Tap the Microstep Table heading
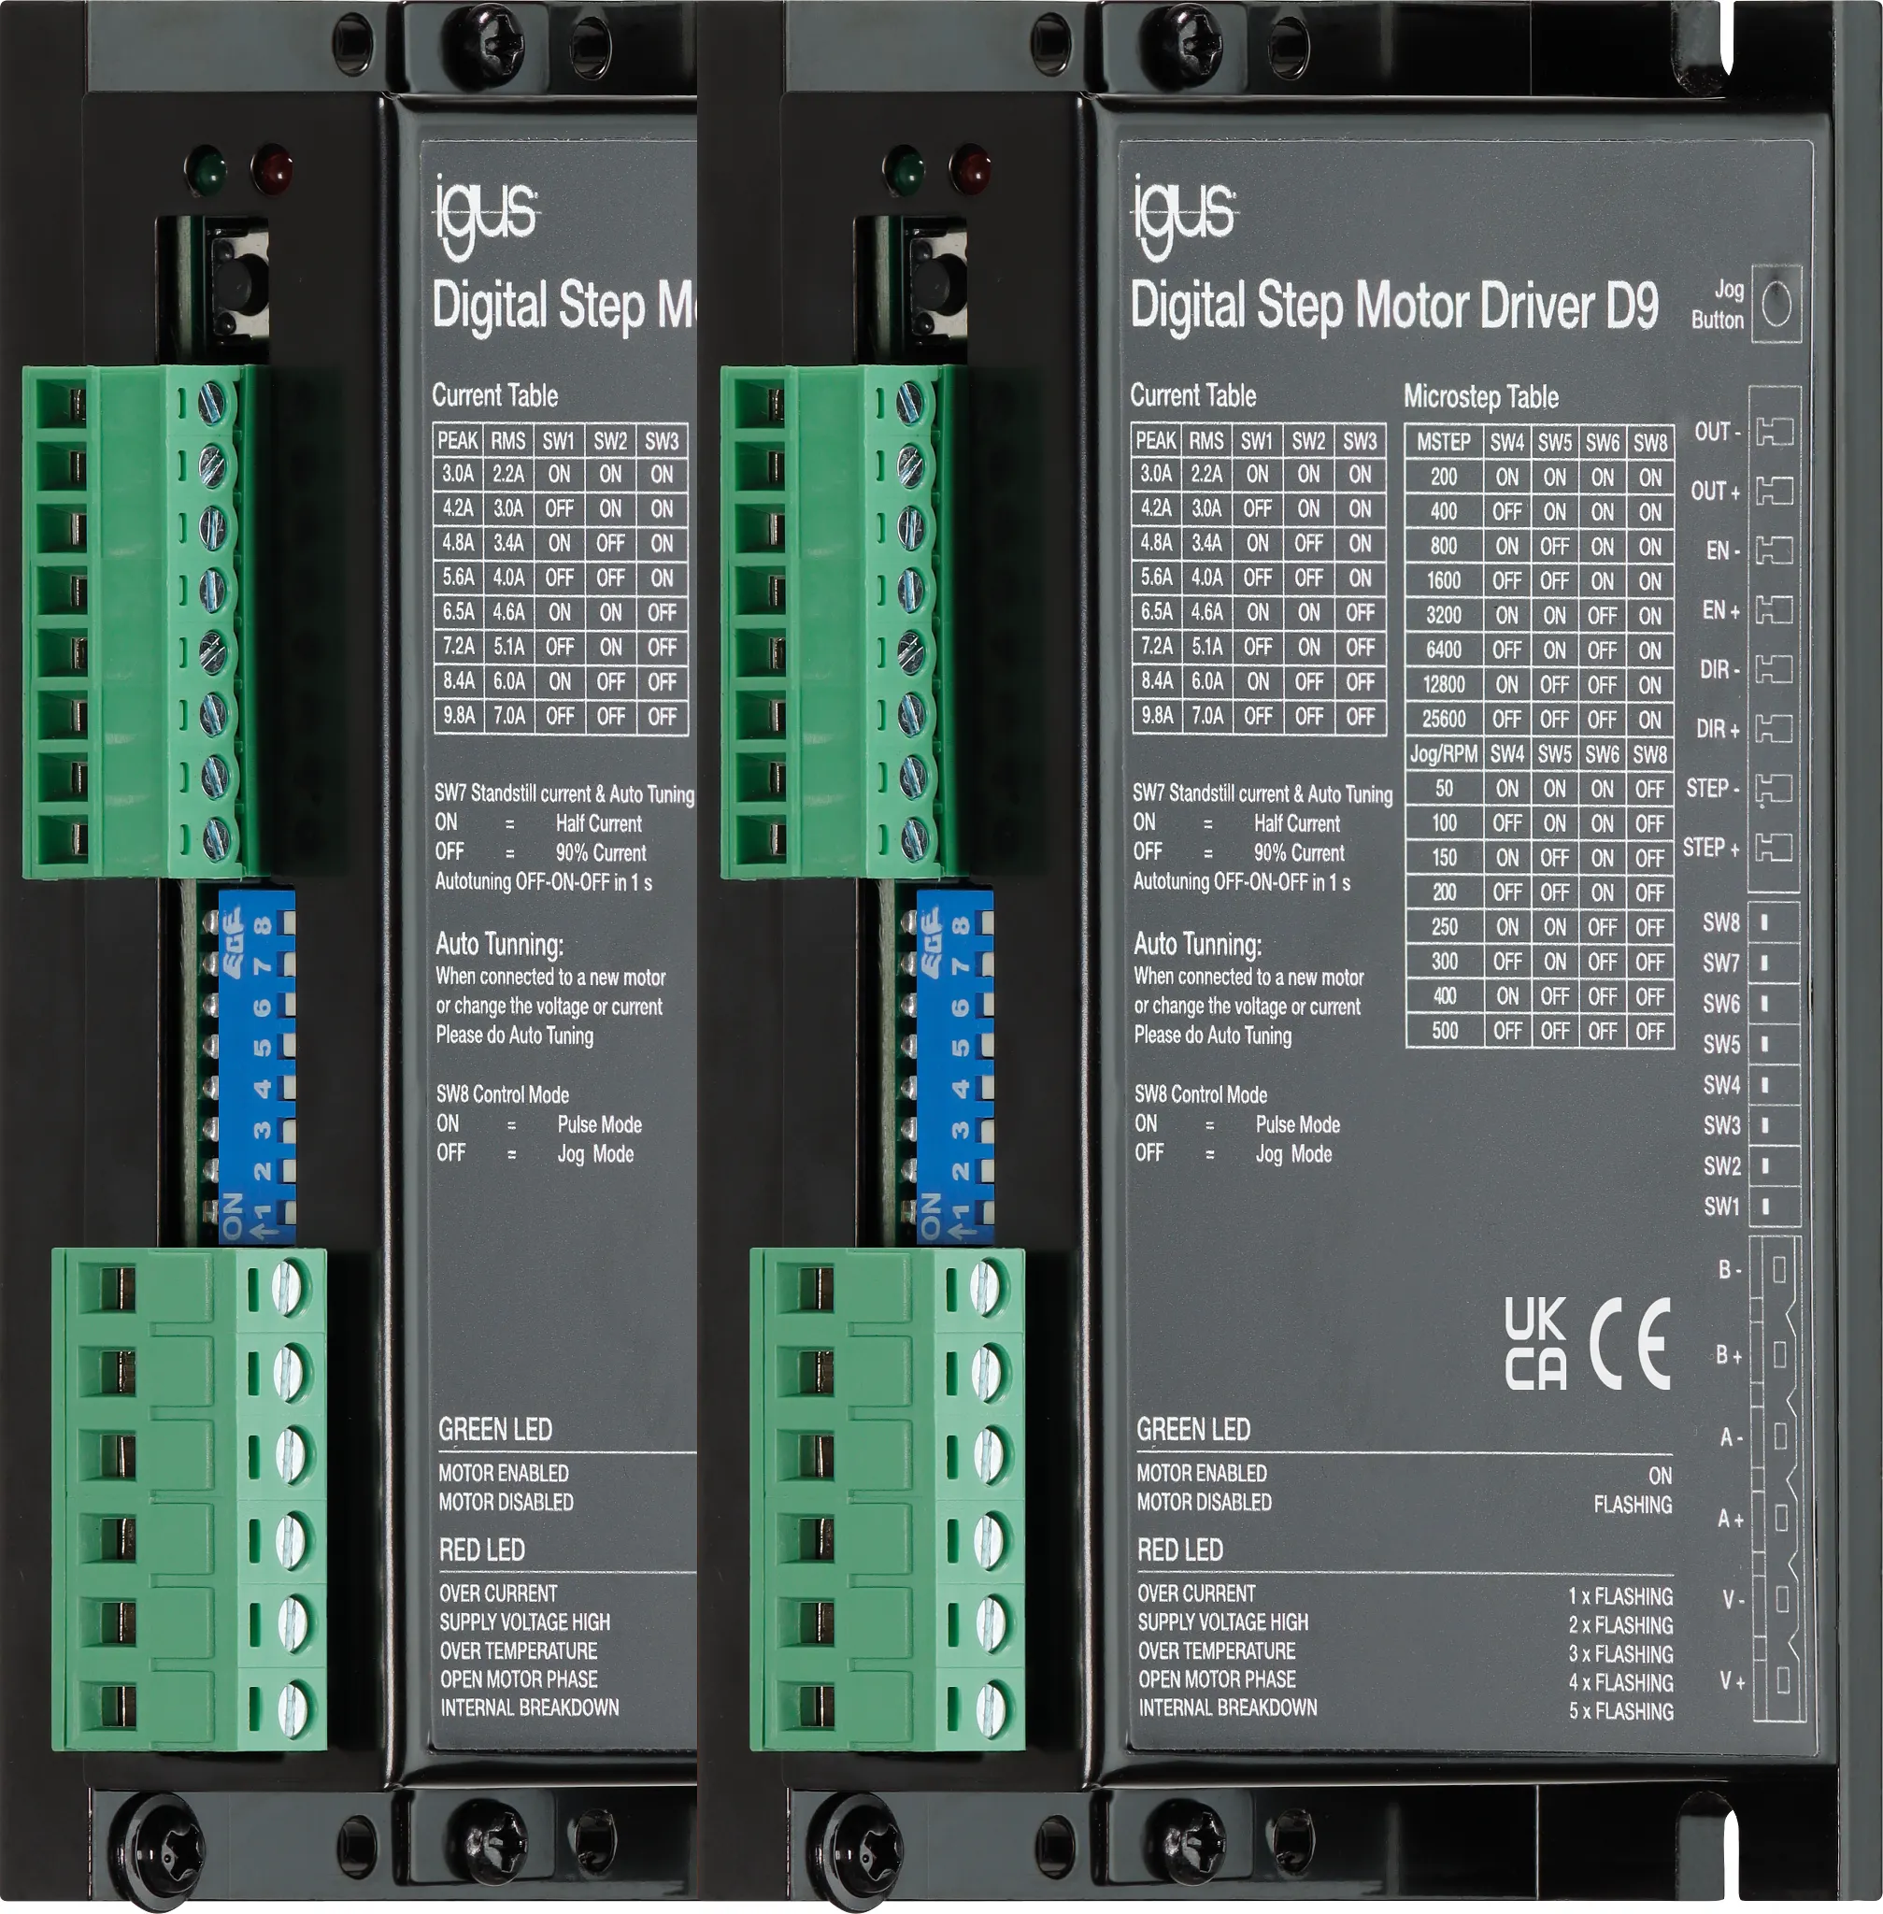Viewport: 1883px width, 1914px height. [1480, 396]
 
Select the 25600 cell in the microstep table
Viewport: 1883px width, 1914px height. [1444, 719]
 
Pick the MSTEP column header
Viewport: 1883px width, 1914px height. [1443, 442]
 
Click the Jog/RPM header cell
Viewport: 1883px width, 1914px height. [1443, 753]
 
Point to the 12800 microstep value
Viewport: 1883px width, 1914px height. [1444, 684]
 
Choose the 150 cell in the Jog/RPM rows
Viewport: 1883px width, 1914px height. [1444, 858]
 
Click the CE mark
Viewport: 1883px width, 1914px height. [1630, 1343]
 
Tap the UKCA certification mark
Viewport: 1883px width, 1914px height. [1536, 1343]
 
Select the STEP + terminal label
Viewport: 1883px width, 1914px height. [1711, 848]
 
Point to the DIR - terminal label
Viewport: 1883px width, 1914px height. [1719, 670]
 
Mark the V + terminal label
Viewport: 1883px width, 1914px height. [1732, 1680]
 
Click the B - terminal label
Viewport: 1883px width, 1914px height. [1730, 1269]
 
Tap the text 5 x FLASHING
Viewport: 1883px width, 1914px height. [1621, 1711]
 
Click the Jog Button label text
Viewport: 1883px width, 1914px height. [1718, 305]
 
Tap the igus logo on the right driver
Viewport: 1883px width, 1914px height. [1184, 216]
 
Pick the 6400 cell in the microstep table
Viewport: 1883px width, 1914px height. [1444, 650]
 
